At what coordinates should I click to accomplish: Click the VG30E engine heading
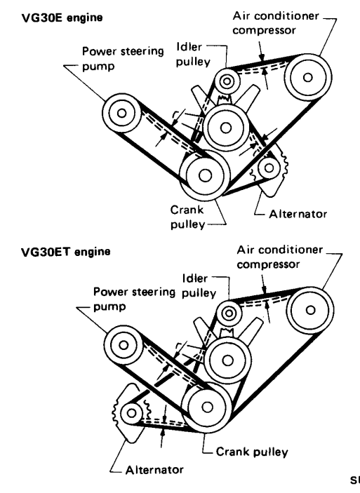[62, 18]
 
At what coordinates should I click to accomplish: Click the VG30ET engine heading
[66, 252]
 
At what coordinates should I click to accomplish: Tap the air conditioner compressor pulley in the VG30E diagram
[308, 77]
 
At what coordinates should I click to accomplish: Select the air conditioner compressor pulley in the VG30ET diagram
[310, 311]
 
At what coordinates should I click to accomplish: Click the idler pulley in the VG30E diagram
[227, 81]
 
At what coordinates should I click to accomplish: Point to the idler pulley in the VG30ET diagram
[229, 313]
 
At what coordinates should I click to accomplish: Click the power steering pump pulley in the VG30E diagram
[122, 113]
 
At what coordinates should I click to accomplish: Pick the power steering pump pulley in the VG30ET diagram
[124, 345]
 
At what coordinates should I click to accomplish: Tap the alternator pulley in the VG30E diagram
[269, 168]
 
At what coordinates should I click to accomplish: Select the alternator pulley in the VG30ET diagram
[131, 413]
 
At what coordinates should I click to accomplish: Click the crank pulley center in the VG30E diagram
[205, 176]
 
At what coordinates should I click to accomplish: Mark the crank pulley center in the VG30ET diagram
[207, 407]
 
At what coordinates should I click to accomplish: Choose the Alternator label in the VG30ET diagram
[154, 470]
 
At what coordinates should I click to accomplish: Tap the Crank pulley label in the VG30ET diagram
[252, 452]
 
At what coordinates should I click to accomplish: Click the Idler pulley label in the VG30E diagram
[193, 55]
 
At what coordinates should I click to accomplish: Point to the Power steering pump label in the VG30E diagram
[123, 59]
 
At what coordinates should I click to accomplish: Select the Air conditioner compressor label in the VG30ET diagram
[280, 257]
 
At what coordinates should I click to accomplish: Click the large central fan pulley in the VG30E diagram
[226, 128]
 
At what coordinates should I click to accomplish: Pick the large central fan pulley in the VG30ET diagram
[228, 360]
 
